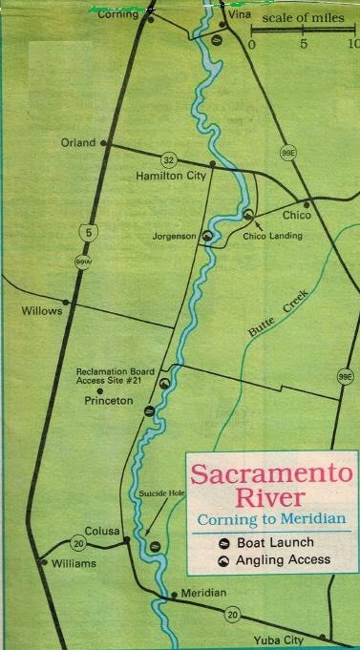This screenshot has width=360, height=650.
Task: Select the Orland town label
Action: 79,143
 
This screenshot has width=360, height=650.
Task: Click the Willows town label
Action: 42,311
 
